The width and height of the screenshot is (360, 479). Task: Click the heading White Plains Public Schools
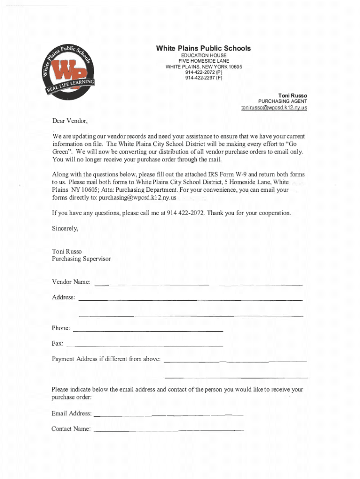203,48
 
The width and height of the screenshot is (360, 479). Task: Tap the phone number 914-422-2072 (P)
203,73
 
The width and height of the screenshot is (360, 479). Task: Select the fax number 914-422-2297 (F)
203,78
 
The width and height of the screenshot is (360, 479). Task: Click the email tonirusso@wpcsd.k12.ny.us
274,108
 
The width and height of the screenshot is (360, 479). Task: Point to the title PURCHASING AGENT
282,102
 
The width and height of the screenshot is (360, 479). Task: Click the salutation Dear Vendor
70,121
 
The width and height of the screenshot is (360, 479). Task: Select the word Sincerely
65,229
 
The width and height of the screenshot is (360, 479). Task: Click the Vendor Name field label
72,282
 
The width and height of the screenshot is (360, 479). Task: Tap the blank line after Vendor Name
199,285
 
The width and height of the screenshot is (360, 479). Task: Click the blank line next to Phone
148,331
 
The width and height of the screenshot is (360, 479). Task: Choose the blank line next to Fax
145,346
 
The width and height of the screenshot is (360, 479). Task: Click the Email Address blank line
168,415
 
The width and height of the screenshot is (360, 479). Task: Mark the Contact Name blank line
168,429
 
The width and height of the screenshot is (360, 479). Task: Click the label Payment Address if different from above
106,359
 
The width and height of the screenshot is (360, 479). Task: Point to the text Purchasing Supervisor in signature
81,259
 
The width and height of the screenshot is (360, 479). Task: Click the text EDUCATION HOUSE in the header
203,56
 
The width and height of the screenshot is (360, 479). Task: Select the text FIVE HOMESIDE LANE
203,61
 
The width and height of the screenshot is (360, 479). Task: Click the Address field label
63,298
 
